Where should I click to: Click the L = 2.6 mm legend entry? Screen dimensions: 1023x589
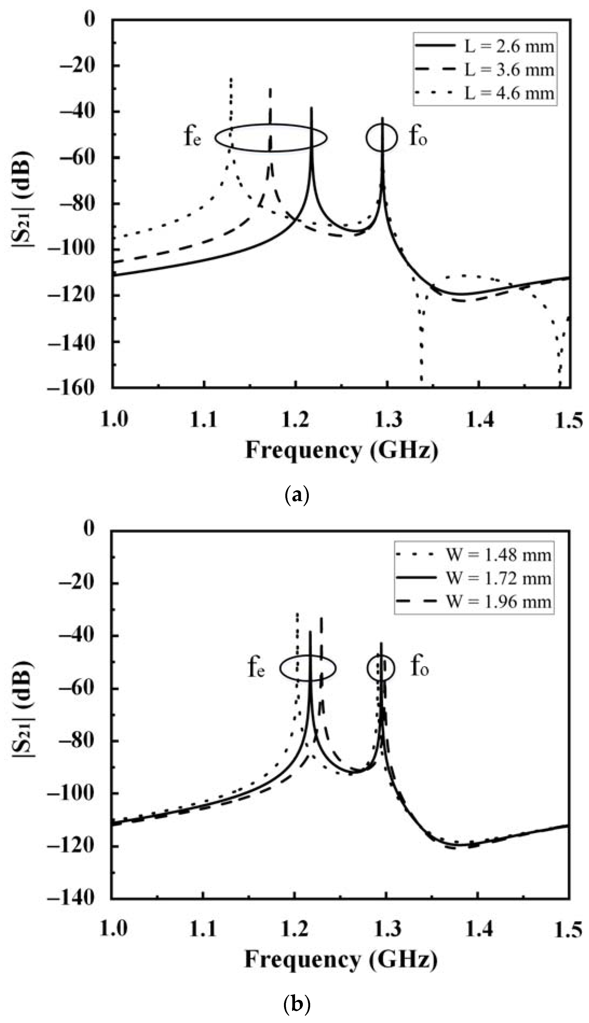(485, 46)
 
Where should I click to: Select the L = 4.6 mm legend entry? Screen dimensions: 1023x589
(485, 93)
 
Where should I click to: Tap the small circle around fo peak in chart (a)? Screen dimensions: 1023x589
(382, 137)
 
